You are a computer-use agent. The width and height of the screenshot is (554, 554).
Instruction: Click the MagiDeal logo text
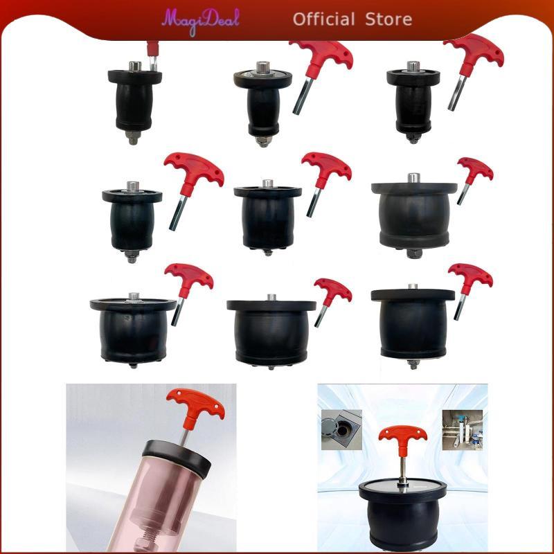pos(201,19)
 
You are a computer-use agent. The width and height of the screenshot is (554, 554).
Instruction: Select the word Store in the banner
pos(391,19)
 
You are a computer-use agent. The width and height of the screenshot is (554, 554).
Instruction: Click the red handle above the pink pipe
pos(195,404)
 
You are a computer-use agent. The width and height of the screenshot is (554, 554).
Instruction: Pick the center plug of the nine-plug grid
pos(267,215)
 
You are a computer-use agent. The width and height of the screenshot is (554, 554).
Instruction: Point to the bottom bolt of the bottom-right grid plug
pos(413,363)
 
